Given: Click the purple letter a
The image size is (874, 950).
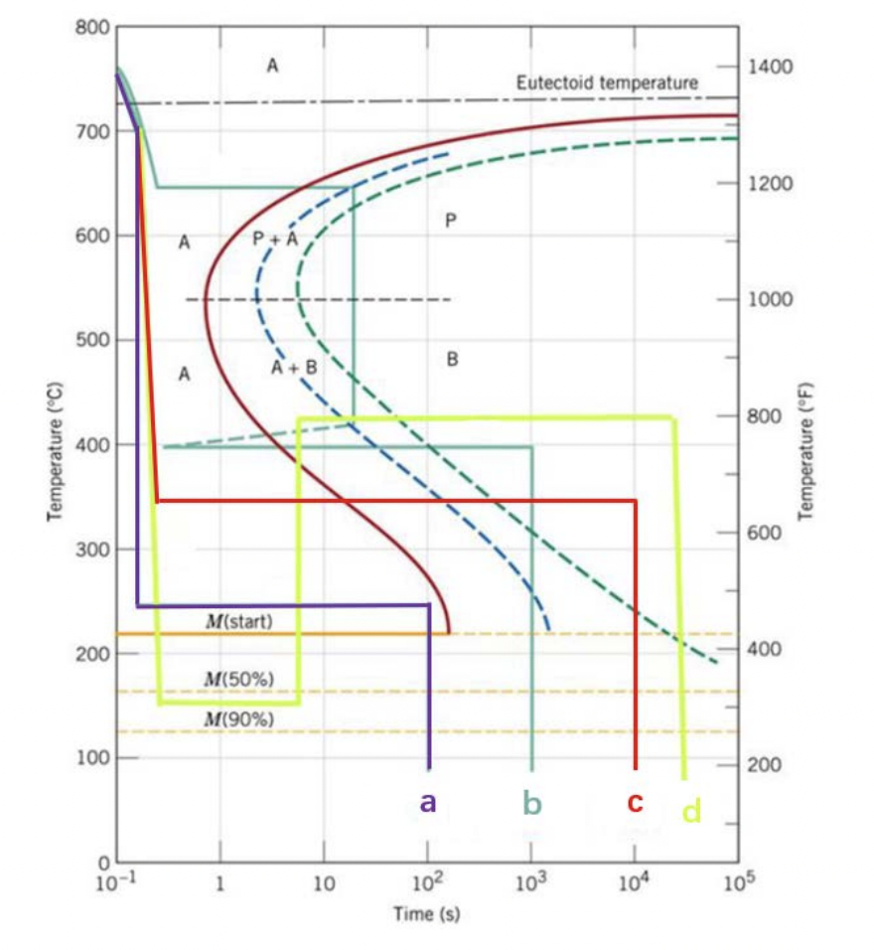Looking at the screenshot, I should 428,802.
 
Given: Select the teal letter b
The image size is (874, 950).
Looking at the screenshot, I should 532,804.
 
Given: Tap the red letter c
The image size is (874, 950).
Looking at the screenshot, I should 636,803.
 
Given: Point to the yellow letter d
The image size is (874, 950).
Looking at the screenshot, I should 691,811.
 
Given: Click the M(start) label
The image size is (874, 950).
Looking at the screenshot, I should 238,622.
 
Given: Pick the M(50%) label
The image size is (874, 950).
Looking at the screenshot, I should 238,679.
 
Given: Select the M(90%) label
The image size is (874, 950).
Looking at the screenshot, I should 238,718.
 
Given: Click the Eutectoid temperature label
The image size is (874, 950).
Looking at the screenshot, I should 607,83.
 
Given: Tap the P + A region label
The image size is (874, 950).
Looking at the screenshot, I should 275,238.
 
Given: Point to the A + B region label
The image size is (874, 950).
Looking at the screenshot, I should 294,367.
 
